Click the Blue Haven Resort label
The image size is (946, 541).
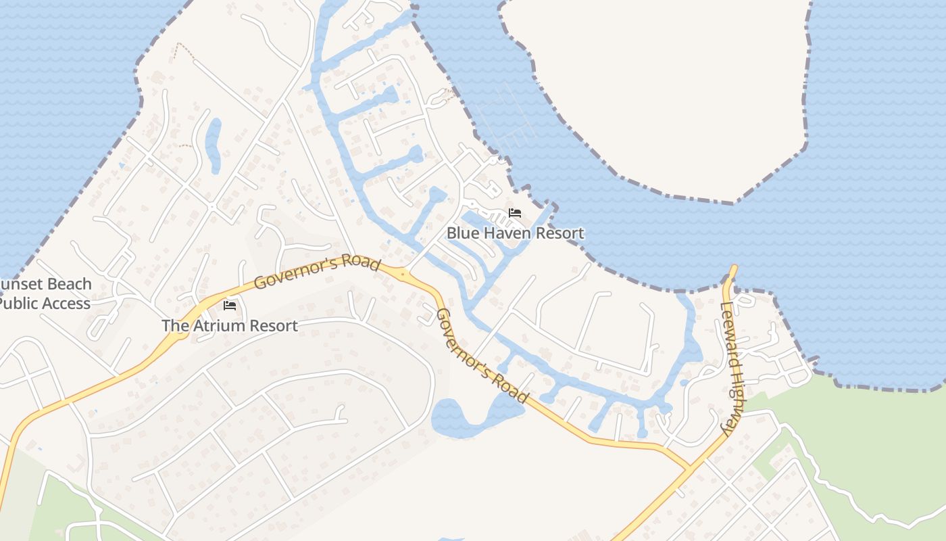515,233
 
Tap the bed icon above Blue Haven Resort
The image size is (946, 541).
515,213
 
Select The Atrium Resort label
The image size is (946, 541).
230,325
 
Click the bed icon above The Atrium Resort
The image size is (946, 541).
230,306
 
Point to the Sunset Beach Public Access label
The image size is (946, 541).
45,293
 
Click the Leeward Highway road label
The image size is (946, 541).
732,369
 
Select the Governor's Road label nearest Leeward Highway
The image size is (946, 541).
480,356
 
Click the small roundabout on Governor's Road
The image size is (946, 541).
403,275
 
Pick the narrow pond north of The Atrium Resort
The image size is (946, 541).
214,145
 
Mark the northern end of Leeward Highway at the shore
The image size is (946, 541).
732,268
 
